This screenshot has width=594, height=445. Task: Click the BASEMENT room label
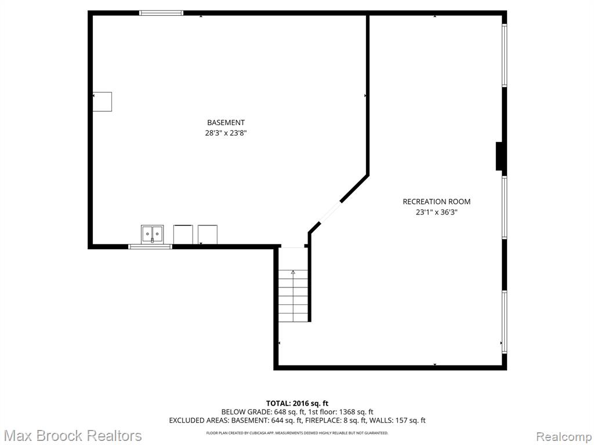click(226, 123)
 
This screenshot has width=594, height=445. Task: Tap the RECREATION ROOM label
click(436, 202)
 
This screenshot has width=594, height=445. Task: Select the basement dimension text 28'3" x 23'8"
click(226, 133)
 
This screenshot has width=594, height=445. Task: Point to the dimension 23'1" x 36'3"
click(436, 212)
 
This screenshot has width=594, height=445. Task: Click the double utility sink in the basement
click(153, 234)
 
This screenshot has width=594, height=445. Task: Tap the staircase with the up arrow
click(293, 296)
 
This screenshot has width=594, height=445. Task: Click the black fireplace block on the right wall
click(499, 156)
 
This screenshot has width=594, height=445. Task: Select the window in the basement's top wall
click(161, 13)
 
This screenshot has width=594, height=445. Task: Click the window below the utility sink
click(150, 247)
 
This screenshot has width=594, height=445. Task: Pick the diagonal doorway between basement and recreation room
click(330, 213)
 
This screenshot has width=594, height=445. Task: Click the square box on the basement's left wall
click(102, 102)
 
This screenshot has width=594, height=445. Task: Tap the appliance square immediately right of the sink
click(183, 235)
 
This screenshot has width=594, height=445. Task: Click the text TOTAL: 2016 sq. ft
click(297, 403)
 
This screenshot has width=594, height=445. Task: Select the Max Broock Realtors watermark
click(73, 436)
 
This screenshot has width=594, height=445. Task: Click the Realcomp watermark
click(564, 437)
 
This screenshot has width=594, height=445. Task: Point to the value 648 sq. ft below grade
click(282, 412)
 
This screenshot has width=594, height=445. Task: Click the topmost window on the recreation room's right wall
click(505, 56)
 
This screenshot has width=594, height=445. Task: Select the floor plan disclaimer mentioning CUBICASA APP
click(297, 433)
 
